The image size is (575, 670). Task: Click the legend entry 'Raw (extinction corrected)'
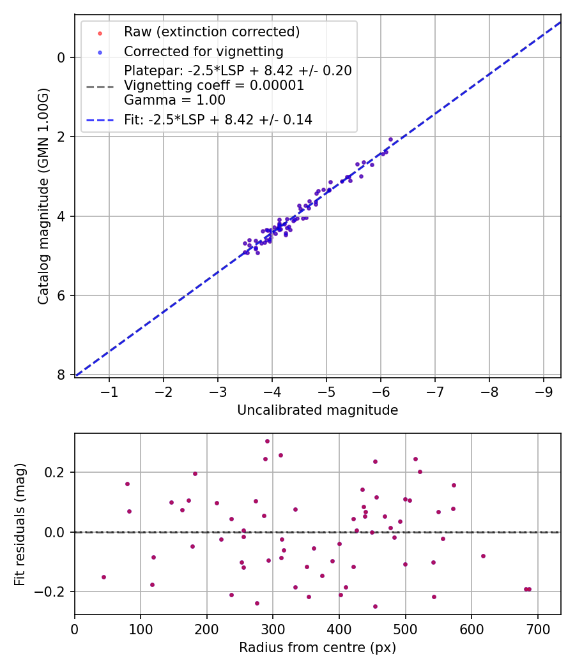(211, 32)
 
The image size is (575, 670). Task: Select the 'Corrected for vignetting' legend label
(203, 51)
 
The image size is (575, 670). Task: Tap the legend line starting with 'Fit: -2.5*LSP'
(218, 119)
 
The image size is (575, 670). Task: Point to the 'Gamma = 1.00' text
(174, 100)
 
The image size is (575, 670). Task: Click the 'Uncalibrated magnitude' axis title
(318, 410)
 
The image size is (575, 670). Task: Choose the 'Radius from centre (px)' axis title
(318, 648)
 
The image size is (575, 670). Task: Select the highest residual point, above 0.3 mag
(267, 441)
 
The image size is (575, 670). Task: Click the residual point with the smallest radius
(103, 577)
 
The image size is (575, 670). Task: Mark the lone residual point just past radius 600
(483, 556)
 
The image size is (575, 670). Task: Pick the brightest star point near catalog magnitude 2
(390, 139)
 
